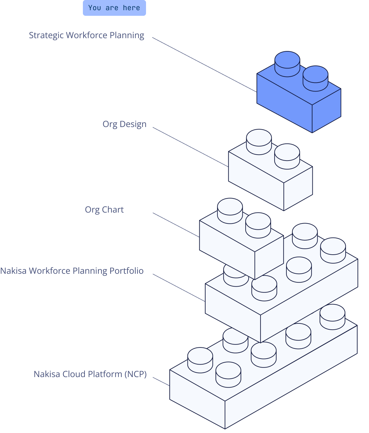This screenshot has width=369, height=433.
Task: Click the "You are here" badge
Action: [114, 8]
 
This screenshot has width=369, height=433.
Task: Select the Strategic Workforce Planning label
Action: [86, 35]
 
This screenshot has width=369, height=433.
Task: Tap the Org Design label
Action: [124, 124]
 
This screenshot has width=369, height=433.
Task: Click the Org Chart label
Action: [104, 210]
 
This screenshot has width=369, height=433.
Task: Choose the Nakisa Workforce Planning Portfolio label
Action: [72, 271]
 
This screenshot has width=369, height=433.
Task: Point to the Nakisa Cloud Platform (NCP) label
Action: [90, 374]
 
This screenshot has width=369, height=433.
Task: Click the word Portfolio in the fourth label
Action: [126, 271]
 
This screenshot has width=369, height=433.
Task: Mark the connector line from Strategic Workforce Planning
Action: [204, 64]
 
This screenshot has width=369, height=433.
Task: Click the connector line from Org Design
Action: [191, 147]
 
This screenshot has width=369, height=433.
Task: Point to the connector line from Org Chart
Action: [176, 225]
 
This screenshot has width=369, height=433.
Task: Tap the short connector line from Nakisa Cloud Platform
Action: [161, 381]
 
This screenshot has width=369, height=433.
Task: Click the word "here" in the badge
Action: [131, 8]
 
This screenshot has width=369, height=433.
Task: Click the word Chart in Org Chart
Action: [113, 210]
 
